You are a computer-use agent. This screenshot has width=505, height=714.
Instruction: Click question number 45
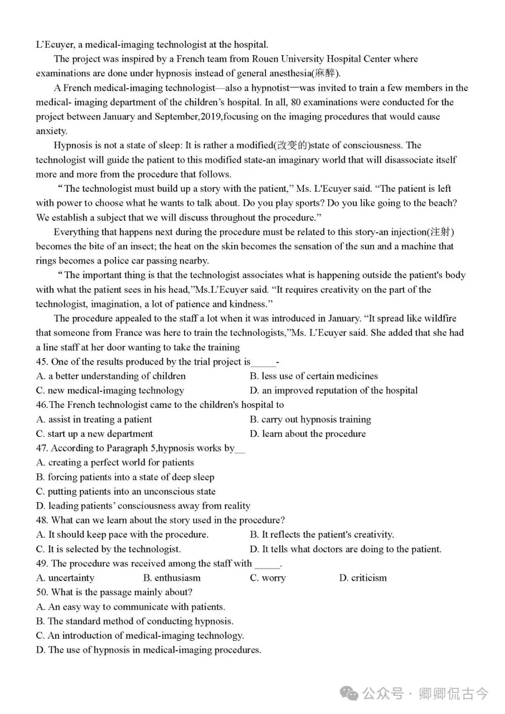pyautogui.click(x=42, y=362)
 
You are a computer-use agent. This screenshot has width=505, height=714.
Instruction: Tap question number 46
pyautogui.click(x=42, y=405)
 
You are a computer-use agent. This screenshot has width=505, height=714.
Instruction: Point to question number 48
pyautogui.click(x=42, y=520)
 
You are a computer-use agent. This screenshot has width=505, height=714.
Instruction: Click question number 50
pyautogui.click(x=42, y=592)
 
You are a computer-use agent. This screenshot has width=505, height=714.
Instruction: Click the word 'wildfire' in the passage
pyautogui.click(x=435, y=318)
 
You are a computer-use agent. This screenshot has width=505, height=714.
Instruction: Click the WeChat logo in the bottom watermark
pyautogui.click(x=349, y=693)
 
